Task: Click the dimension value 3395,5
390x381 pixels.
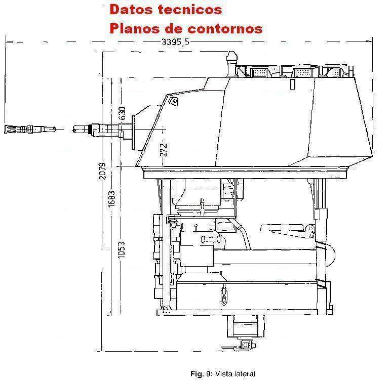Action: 175,41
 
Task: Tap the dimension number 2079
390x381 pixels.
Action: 102,171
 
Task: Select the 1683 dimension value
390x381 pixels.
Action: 111,198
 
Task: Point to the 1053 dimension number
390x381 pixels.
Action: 121,250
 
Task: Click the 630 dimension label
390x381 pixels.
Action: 122,113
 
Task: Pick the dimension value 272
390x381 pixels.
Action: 164,150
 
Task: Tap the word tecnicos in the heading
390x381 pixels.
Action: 189,10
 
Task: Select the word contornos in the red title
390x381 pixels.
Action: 225,28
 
